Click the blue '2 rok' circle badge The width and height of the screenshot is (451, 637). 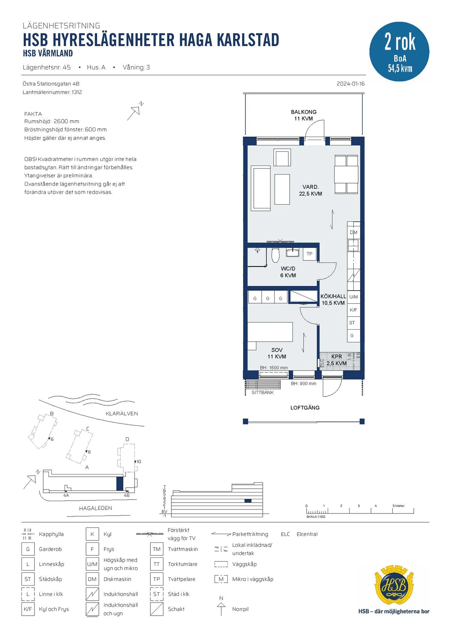(399, 51)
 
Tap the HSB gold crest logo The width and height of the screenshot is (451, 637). (394, 586)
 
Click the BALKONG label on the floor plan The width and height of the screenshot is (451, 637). (304, 112)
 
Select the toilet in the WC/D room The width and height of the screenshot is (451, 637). (275, 255)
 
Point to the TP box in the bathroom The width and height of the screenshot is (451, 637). (309, 254)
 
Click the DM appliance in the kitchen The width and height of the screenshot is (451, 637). (353, 232)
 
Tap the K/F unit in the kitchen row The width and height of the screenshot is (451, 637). (353, 310)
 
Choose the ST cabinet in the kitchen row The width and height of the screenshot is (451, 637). (353, 323)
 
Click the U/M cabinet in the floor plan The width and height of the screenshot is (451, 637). (353, 297)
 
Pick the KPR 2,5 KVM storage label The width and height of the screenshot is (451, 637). (336, 360)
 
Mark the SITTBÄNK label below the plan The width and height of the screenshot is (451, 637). (262, 392)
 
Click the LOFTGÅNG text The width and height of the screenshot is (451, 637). (305, 408)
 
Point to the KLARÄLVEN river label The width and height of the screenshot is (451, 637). (122, 414)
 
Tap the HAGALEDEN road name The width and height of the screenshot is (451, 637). (95, 508)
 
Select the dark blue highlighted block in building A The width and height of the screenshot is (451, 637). (120, 483)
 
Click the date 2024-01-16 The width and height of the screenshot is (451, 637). (351, 84)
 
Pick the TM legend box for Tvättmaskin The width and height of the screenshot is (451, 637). (157, 549)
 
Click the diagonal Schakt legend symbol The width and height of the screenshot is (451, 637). (157, 609)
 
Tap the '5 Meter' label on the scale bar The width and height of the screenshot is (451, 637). (398, 506)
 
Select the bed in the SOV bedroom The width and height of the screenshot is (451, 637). (270, 332)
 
